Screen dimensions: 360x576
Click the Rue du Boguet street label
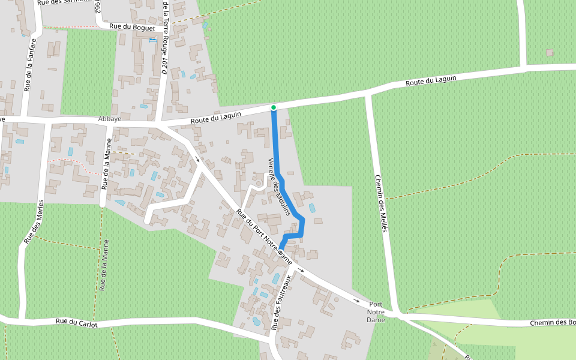pos(133,28)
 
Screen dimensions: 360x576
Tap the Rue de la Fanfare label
pos(30,65)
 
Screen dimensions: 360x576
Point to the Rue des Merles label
pos(34,221)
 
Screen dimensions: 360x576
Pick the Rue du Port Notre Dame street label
pos(263,237)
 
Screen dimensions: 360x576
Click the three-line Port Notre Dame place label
pos(376,312)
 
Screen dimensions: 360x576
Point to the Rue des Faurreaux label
pos(281,302)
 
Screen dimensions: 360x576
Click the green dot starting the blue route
pos(274,107)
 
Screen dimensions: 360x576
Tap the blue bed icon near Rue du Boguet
pos(152,39)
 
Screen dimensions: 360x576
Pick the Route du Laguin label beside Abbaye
pos(216,118)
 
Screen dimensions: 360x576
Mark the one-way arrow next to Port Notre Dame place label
pos(356,300)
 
